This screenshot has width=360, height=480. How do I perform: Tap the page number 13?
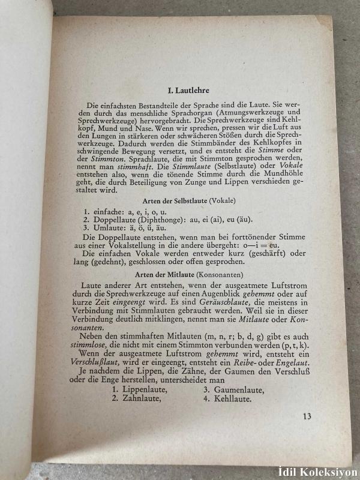pyautogui.click(x=307, y=417)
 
